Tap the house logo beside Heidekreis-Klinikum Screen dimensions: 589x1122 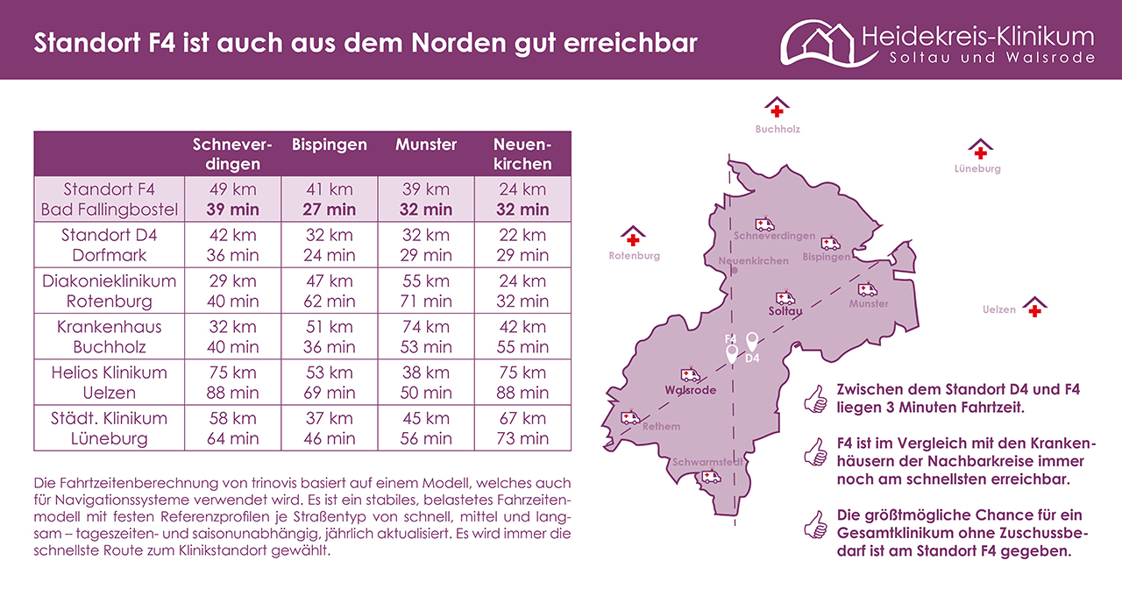coord(817,41)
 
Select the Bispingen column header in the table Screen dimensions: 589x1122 coord(329,145)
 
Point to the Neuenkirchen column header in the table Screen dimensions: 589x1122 coord(522,153)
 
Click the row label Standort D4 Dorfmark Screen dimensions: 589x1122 coord(110,245)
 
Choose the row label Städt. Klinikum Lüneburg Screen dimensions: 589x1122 coord(110,428)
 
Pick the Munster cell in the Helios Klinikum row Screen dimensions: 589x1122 coord(426,382)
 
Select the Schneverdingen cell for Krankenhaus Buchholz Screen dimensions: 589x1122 coord(232,337)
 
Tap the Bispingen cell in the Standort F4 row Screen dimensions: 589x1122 coord(329,199)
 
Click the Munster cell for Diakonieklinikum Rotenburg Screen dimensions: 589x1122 coord(426,291)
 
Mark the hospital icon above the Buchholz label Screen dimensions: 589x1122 coord(777,109)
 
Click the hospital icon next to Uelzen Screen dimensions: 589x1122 coord(1035,308)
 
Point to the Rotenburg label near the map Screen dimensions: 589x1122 coord(634,256)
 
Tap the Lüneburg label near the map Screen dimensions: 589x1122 coord(977,168)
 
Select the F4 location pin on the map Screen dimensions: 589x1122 coord(732,353)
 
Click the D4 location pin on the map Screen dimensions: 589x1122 coord(751,341)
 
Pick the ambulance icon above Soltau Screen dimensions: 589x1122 coord(785,298)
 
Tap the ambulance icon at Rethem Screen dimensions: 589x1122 coord(630,418)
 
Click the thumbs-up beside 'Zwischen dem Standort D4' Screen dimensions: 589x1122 coord(815,399)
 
